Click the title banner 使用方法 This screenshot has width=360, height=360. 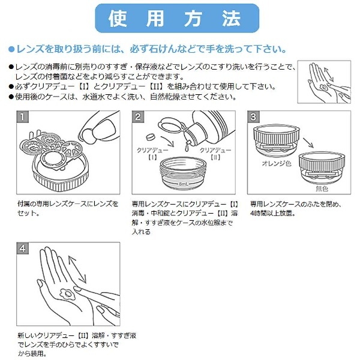tap(177, 18)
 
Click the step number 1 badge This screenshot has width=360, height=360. tap(23, 117)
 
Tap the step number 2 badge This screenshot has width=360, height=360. tap(138, 117)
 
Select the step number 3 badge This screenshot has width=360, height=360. tap(253, 117)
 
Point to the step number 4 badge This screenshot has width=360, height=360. tap(23, 248)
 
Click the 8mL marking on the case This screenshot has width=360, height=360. tap(184, 184)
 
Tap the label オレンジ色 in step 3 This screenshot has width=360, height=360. tap(277, 163)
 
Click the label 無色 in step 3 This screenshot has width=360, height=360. tap(322, 188)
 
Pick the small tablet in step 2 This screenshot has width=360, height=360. tap(151, 137)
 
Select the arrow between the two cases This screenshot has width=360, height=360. tap(308, 143)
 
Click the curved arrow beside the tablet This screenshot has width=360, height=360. tap(168, 142)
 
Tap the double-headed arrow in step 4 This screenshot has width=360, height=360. tap(77, 269)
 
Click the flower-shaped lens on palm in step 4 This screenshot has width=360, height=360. tap(67, 294)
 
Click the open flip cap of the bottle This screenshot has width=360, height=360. tap(170, 125)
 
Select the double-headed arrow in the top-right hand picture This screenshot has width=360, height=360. tap(329, 74)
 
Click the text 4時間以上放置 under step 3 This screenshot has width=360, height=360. tap(273, 213)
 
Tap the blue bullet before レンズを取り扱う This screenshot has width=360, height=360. tap(11, 49)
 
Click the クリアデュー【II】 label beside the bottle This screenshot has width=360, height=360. tap(215, 154)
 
